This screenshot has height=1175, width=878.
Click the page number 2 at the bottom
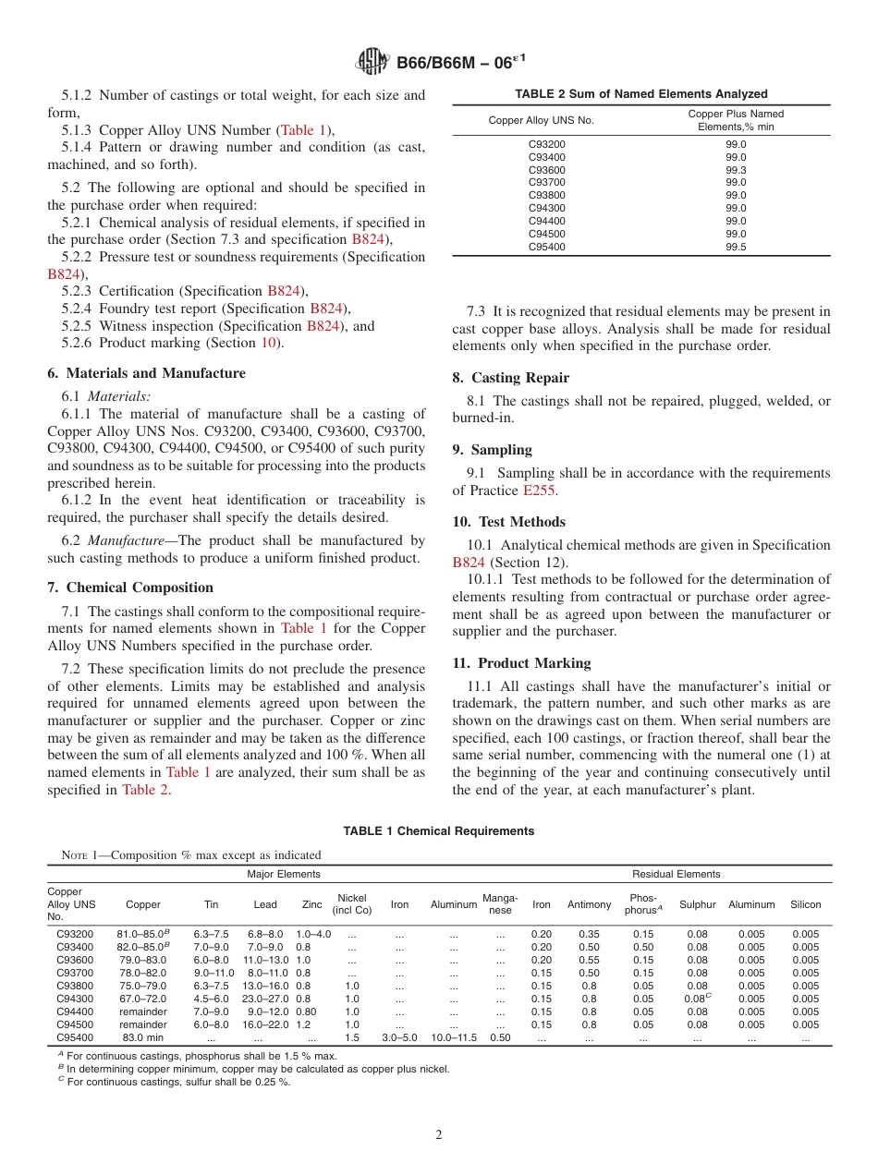(439, 1134)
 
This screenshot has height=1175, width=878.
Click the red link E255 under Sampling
(540, 491)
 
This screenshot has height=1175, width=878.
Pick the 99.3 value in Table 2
(736, 170)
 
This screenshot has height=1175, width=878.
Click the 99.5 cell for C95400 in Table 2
(736, 247)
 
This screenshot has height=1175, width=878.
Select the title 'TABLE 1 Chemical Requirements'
(439, 831)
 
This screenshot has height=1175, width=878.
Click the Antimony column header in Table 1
(589, 904)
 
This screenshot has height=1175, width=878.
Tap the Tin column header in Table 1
(211, 904)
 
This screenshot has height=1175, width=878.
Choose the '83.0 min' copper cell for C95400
(142, 1037)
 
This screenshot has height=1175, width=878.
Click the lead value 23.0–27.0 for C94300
(264, 999)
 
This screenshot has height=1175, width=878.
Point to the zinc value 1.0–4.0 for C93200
(312, 934)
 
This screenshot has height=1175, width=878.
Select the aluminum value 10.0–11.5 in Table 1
(454, 1037)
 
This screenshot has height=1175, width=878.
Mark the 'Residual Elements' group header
(676, 874)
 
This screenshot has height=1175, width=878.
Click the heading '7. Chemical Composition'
(130, 587)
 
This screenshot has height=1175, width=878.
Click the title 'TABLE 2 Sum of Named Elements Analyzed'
(640, 94)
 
